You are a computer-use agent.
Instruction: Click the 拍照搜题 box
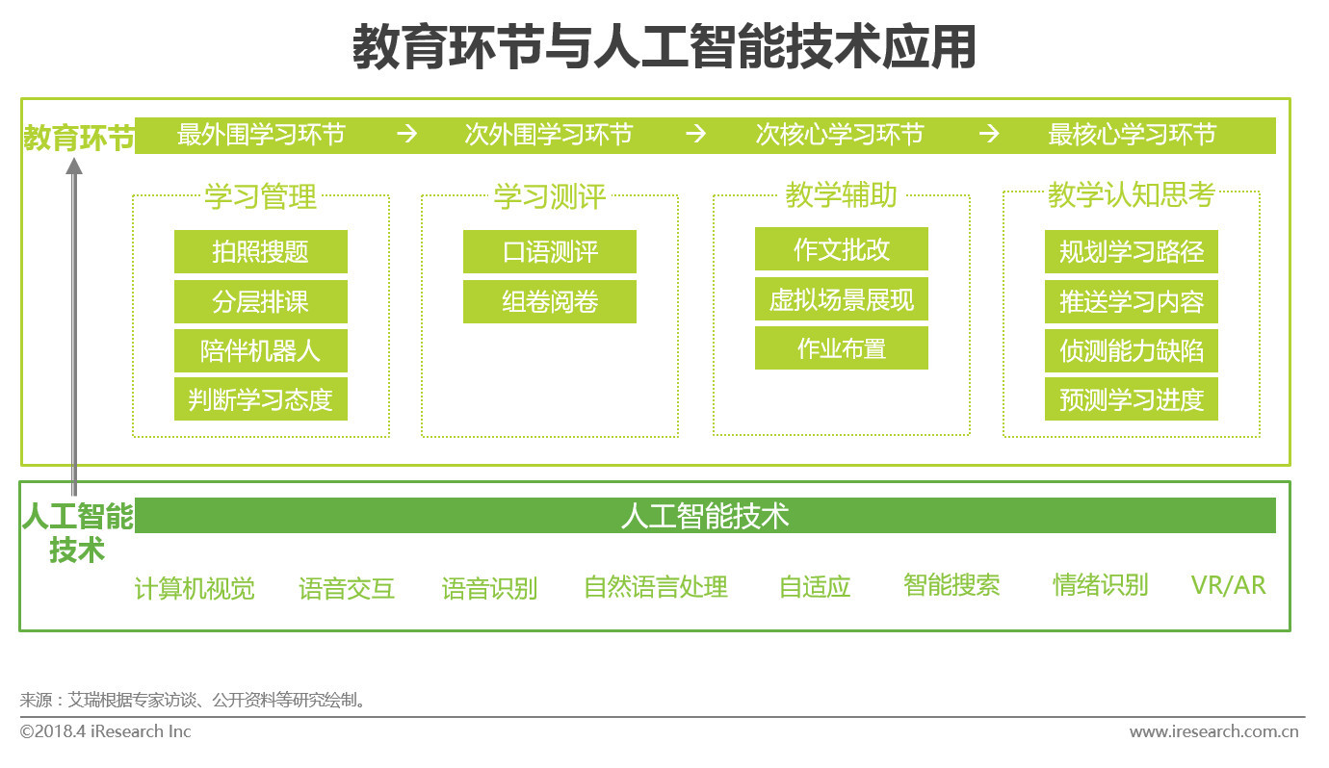pos(260,251)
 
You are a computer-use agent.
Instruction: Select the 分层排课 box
pos(260,301)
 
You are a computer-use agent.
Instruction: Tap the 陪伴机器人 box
pos(260,350)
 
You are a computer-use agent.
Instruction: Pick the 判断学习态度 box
pos(260,399)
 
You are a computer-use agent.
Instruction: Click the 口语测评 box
pos(549,251)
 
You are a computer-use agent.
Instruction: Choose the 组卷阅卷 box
pos(549,301)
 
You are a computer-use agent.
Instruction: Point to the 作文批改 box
pos(842,248)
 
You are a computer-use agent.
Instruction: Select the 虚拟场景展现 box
pos(842,299)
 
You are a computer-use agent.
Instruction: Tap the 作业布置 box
pos(842,348)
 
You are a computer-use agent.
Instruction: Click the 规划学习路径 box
pos(1132,251)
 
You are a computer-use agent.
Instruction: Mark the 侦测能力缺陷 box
pos(1132,350)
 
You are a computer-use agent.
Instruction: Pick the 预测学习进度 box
pos(1132,399)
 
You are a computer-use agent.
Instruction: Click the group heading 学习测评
pos(549,196)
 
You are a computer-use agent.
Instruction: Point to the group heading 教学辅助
pos(842,194)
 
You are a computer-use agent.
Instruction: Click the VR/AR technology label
pos(1228,585)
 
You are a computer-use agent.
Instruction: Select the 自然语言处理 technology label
pos(656,586)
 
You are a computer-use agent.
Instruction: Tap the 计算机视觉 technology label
pos(195,588)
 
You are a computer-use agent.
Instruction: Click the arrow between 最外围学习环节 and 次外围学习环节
pos(407,134)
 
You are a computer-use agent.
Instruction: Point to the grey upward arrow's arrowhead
pos(74,166)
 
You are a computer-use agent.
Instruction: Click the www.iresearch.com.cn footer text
pos(1213,731)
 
